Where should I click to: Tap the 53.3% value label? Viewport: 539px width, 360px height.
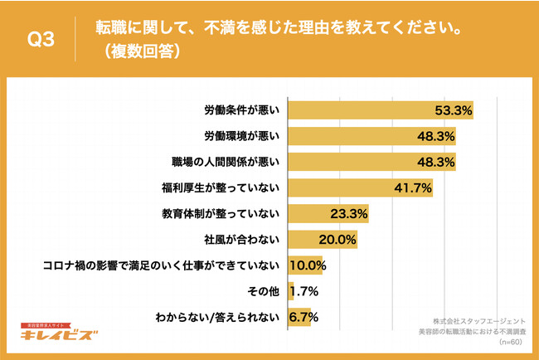[x=454, y=110]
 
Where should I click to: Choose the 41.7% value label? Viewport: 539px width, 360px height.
[x=412, y=188]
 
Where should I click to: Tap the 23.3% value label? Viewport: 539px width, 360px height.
[x=349, y=214]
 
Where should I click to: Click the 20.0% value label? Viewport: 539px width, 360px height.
[x=338, y=240]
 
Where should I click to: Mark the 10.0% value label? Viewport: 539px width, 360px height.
[x=308, y=265]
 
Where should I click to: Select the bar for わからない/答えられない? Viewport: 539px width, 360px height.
[x=299, y=317]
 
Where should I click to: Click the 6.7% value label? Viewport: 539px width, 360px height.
[x=303, y=317]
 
